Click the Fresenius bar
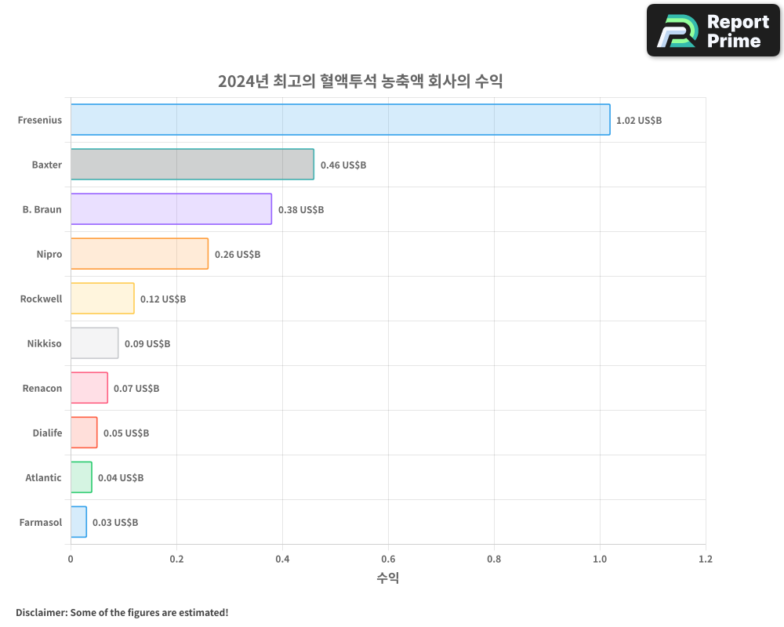340,120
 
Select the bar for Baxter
192,165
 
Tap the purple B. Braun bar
171,209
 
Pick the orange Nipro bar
140,254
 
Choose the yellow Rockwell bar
102,299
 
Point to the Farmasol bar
78,522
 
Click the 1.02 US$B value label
639,121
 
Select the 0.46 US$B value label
343,165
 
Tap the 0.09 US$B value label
147,344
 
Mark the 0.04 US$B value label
121,478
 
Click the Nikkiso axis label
44,343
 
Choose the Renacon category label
42,388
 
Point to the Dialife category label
47,433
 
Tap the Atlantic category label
43,477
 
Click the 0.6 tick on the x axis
388,560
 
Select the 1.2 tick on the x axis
706,560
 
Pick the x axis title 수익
387,578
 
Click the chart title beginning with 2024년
360,81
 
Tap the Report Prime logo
713,31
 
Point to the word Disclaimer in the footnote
41,612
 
